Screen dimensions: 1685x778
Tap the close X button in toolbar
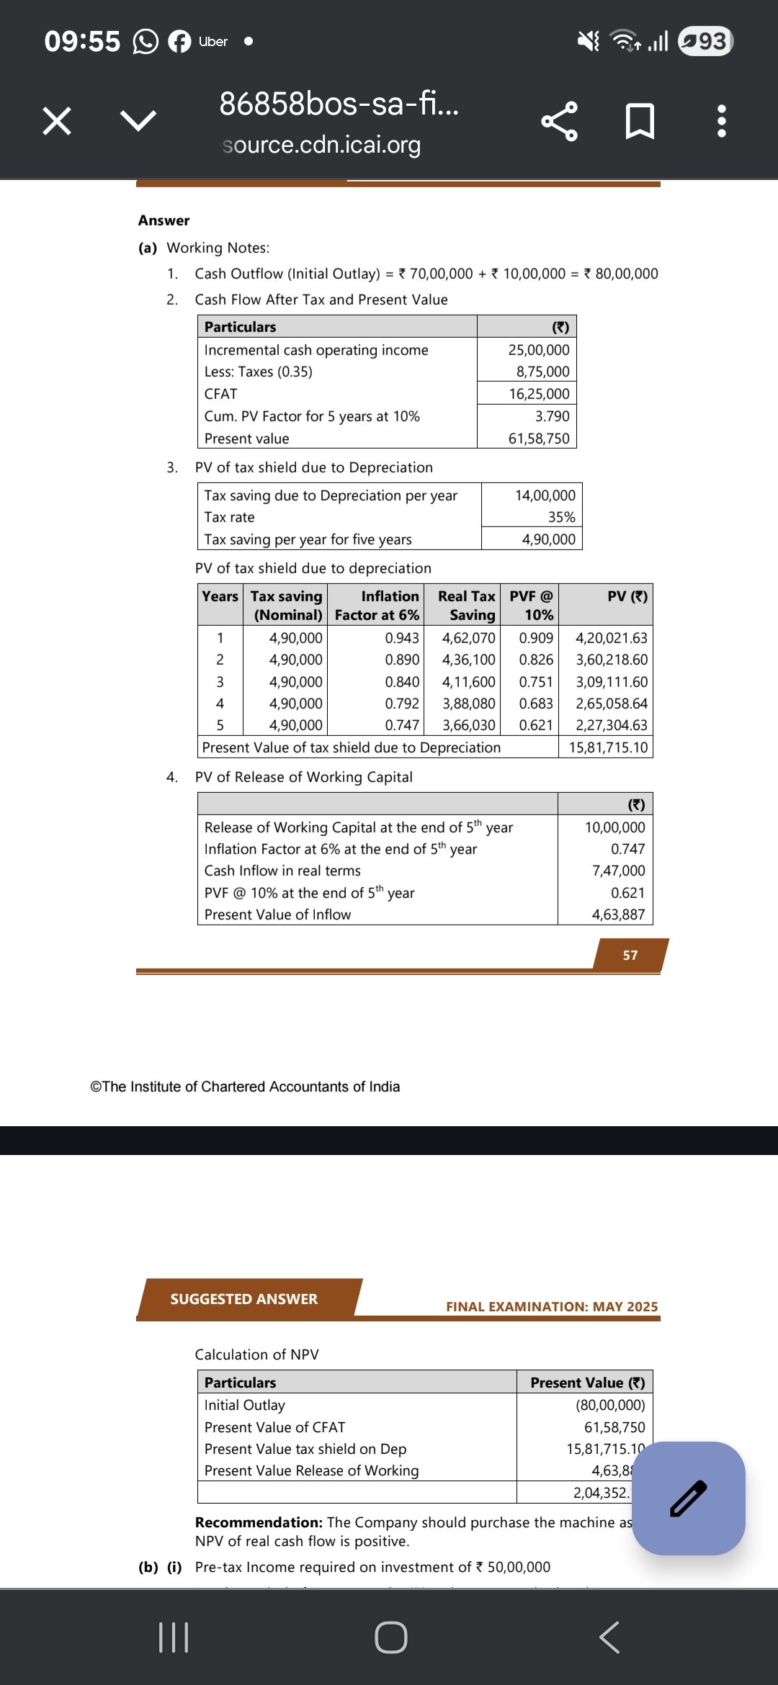coord(57,120)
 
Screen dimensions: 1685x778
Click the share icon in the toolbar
coord(559,121)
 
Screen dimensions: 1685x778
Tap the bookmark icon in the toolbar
coord(640,121)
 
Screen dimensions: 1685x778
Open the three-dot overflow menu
coord(721,121)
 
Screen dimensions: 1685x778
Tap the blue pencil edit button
coord(688,1498)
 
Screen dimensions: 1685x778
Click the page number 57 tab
coord(630,956)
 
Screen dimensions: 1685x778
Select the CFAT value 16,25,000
coord(539,394)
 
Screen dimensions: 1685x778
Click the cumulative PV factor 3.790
coord(552,416)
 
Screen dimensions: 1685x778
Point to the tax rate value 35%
coord(561,517)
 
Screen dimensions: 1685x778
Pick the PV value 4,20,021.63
coord(612,638)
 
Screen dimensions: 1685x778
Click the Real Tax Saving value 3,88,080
coord(468,704)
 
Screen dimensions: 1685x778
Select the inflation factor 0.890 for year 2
coord(402,660)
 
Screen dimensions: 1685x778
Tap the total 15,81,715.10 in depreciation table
coord(608,747)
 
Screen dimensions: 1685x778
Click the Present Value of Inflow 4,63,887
coord(618,915)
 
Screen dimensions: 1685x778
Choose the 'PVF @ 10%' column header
coord(532,605)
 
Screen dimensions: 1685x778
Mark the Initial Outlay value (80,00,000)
coord(610,1405)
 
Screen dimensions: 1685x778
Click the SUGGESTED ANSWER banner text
coord(243,1299)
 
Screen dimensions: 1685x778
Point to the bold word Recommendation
coord(259,1522)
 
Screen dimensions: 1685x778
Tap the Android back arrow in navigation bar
coord(609,1637)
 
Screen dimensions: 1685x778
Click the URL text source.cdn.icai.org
coord(321,145)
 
